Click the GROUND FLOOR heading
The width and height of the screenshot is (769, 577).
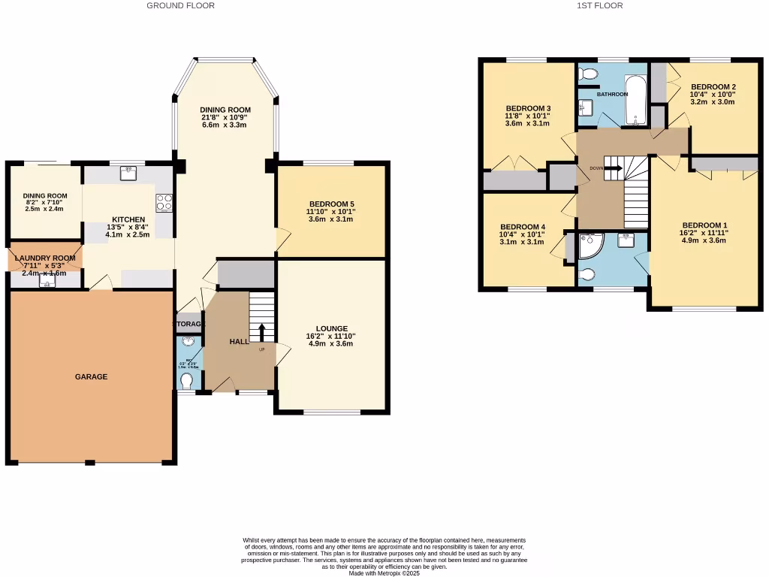(180, 5)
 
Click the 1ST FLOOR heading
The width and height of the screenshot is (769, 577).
(599, 5)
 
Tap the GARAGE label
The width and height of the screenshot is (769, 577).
(90, 376)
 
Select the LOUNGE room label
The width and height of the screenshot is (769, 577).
(331, 328)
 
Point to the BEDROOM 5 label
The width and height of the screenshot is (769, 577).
(331, 204)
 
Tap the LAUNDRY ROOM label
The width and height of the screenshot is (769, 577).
(44, 258)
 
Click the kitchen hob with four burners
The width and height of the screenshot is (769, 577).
(164, 202)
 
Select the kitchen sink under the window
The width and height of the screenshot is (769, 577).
(128, 171)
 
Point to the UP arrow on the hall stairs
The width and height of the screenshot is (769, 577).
(261, 331)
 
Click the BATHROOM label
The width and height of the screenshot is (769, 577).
(612, 94)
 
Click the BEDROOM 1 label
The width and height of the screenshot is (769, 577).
(704, 225)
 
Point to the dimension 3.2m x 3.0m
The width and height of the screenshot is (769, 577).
(712, 101)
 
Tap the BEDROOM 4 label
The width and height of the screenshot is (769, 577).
(522, 227)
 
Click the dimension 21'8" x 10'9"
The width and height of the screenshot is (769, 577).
(224, 117)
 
